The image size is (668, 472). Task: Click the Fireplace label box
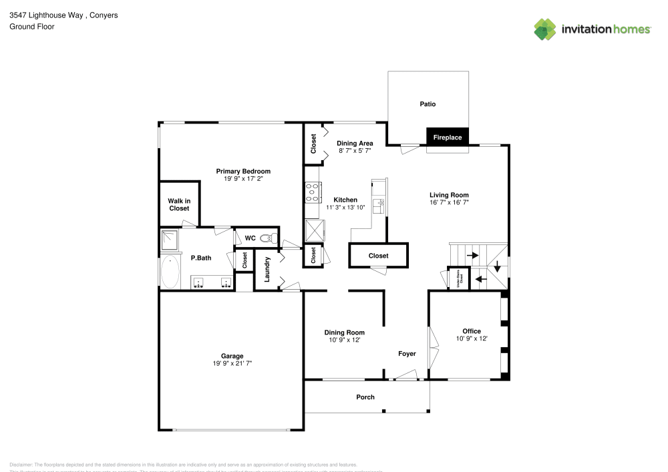pos(448,138)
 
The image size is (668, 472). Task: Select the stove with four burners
pos(313,192)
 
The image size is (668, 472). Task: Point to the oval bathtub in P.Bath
pos(170,272)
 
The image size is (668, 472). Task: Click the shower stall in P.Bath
pos(170,240)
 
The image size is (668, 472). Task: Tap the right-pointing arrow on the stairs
pos(472,255)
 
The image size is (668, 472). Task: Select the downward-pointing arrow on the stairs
pos(497,267)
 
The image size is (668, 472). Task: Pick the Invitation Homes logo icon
pos(545,29)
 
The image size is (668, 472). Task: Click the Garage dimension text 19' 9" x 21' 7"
pos(232,364)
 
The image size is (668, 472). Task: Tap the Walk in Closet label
pos(179,204)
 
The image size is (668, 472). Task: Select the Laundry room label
pos(267,269)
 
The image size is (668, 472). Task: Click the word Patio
pos(428,104)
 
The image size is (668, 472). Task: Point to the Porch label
pos(365,397)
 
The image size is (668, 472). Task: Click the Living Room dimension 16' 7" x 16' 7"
pos(449,202)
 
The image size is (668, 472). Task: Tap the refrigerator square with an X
pos(314,231)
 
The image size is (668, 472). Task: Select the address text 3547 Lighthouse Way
pos(45,15)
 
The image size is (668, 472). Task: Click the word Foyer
pos(407,354)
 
